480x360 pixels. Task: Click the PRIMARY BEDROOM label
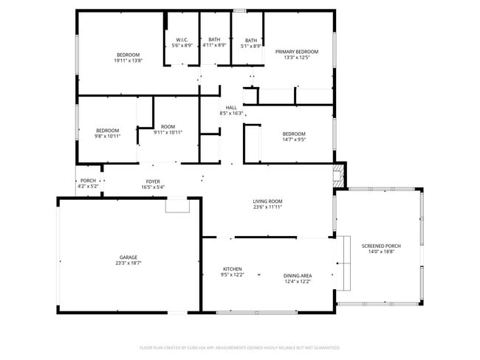pyautogui.click(x=297, y=52)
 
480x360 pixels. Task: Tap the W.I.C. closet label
pyautogui.click(x=182, y=40)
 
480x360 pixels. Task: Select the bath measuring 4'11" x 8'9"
pyautogui.click(x=214, y=40)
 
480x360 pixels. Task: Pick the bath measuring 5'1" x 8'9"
pyautogui.click(x=251, y=41)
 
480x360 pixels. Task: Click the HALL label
pyautogui.click(x=231, y=108)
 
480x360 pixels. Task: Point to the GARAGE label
pyautogui.click(x=128, y=257)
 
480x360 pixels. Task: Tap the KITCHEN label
pyautogui.click(x=233, y=269)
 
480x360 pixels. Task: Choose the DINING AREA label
pyautogui.click(x=297, y=276)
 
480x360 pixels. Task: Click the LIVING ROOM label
pyautogui.click(x=267, y=201)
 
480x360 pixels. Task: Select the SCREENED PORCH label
pyautogui.click(x=381, y=246)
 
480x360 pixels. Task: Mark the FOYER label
pyautogui.click(x=153, y=181)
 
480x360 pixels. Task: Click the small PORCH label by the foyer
pyautogui.click(x=88, y=181)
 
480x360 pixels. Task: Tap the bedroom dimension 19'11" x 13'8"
pyautogui.click(x=128, y=60)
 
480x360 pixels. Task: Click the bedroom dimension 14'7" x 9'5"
pyautogui.click(x=293, y=139)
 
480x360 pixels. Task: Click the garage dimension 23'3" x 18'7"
pyautogui.click(x=128, y=263)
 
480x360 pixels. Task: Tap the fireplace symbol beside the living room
pyautogui.click(x=339, y=175)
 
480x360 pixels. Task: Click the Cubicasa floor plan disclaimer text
pyautogui.click(x=239, y=347)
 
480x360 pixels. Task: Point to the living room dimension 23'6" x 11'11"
pyautogui.click(x=267, y=207)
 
